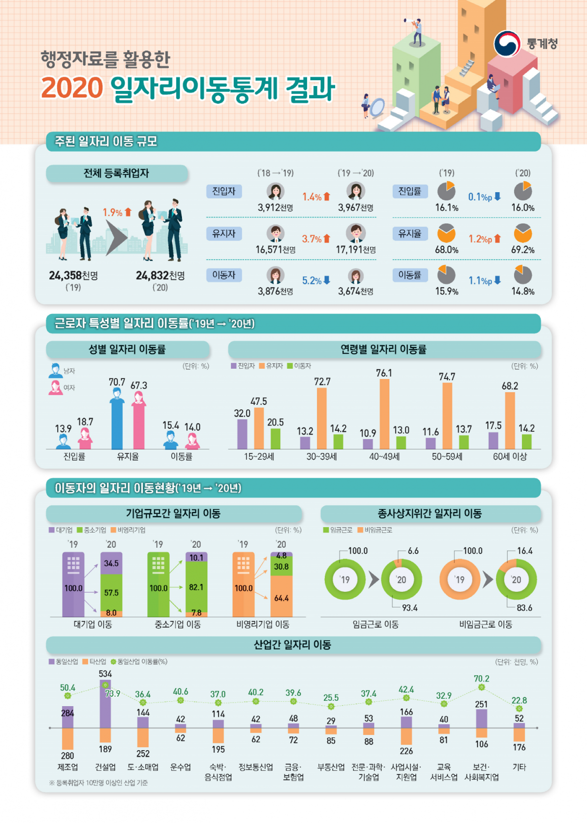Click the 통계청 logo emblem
(507, 44)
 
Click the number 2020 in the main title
(72, 88)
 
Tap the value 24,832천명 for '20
(160, 276)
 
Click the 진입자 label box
(224, 191)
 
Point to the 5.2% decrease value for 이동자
(316, 281)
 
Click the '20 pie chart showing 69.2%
(523, 233)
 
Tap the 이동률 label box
(410, 275)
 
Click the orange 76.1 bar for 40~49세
(384, 414)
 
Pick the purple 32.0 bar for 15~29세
(242, 434)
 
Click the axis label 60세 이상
(510, 457)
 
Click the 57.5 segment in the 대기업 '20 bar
(111, 592)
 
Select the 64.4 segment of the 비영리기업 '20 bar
(281, 598)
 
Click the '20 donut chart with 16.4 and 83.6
(517, 579)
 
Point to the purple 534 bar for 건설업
(105, 704)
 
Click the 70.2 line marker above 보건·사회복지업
(481, 688)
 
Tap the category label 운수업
(181, 767)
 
